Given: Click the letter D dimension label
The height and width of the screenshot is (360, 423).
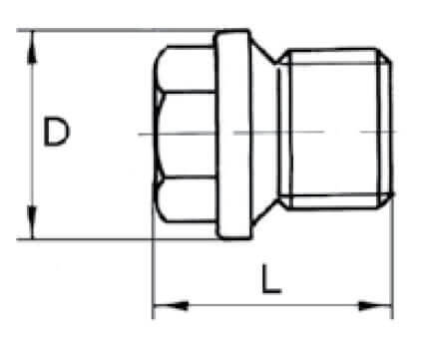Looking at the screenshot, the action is coord(57,132).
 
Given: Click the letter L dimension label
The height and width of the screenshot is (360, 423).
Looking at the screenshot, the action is coord(271,279).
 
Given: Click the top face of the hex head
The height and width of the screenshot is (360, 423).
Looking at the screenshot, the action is coord(187,69).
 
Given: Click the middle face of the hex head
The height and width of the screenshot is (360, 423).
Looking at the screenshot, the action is coord(188,134).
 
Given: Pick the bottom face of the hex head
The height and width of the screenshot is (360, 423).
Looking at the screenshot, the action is coord(187,198).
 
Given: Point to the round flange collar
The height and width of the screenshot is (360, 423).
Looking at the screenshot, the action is coord(233,135).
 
